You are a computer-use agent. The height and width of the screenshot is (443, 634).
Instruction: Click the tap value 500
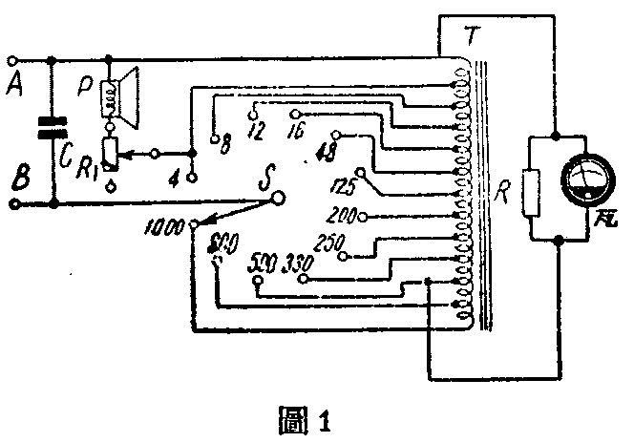[259, 261]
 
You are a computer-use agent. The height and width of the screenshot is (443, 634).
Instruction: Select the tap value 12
[256, 128]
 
